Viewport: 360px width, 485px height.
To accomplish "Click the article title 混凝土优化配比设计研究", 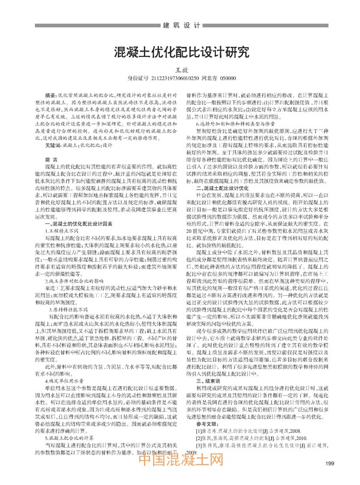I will point(180,52).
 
